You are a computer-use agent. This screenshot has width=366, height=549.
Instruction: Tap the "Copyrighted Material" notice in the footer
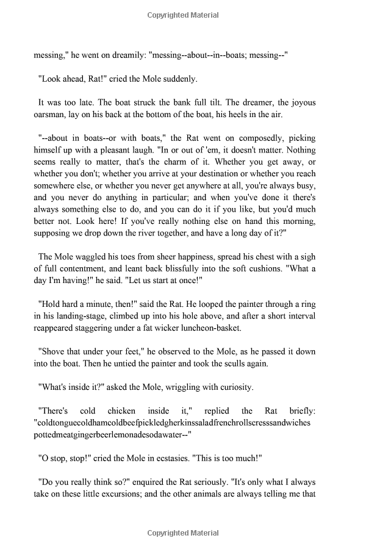pyautogui.click(x=183, y=533)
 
